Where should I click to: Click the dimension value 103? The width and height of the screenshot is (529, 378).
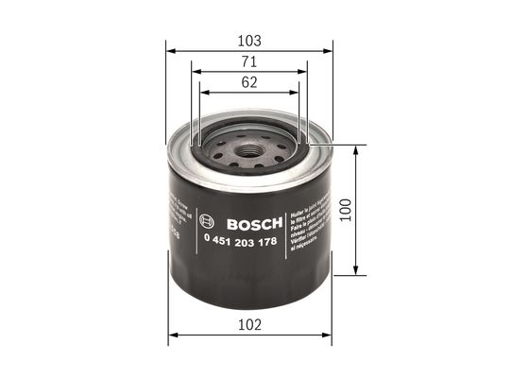(x=248, y=41)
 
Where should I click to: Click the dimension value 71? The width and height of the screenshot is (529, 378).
(x=248, y=61)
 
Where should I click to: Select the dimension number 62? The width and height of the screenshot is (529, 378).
(x=248, y=82)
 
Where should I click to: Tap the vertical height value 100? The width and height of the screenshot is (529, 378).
(x=346, y=210)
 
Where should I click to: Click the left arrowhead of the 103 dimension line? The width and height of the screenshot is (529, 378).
(x=169, y=52)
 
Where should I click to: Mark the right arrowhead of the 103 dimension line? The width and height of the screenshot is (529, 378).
(x=330, y=52)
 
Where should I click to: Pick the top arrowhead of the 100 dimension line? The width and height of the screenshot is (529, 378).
(x=355, y=149)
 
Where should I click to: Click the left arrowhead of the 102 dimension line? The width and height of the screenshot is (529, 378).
(x=172, y=334)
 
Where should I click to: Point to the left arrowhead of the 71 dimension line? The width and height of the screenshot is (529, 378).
(x=194, y=72)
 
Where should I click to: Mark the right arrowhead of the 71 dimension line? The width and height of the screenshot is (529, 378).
(x=304, y=72)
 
